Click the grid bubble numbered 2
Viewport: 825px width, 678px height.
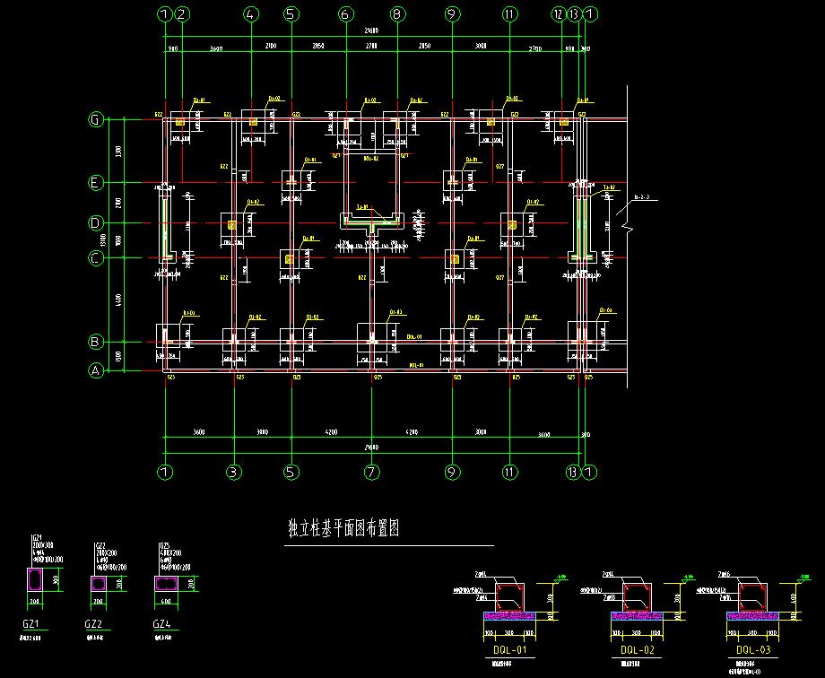182,14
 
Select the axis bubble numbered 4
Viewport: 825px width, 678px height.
250,14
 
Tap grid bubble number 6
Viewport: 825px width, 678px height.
345,14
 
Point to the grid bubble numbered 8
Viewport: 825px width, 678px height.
395,14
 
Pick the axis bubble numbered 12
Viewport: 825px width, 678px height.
559,14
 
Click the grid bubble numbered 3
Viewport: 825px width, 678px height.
233,472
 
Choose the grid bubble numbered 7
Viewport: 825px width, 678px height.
372,472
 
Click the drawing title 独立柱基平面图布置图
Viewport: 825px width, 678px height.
342,529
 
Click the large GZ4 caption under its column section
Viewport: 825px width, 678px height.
161,624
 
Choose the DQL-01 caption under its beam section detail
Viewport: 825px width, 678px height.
508,649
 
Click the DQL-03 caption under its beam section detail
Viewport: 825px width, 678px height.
752,649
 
